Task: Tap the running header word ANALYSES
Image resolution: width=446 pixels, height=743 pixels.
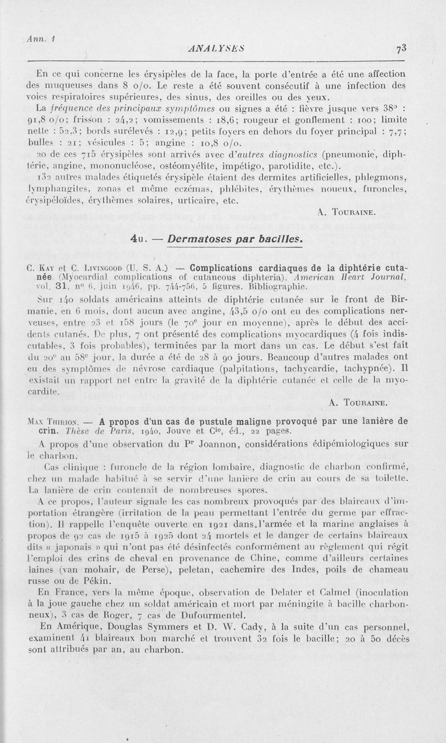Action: [219, 48]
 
